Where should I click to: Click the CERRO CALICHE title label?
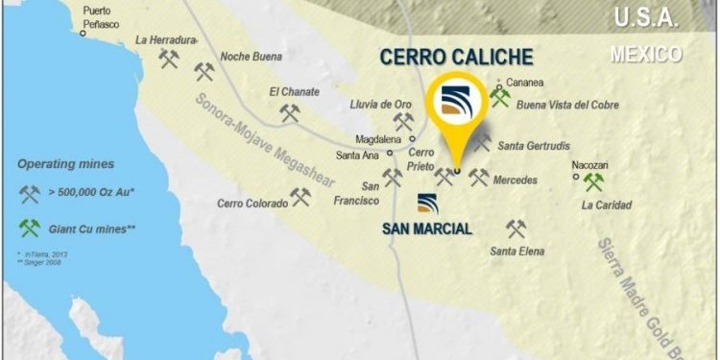(x=456, y=57)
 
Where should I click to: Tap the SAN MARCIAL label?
(x=427, y=228)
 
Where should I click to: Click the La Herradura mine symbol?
(x=170, y=60)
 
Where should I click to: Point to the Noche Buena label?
(x=252, y=57)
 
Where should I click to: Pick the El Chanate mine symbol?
(x=290, y=112)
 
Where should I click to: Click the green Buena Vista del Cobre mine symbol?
(x=499, y=97)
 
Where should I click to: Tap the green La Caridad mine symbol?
(x=594, y=181)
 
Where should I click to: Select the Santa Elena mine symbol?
(x=516, y=228)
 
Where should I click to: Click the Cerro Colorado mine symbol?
(x=301, y=197)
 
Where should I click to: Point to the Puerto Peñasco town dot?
(x=84, y=34)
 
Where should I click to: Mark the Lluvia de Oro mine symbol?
(x=404, y=122)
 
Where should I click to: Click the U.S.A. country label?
(x=646, y=17)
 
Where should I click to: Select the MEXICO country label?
(x=646, y=54)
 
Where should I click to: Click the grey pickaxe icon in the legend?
(x=30, y=195)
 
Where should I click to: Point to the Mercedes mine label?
(x=515, y=180)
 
